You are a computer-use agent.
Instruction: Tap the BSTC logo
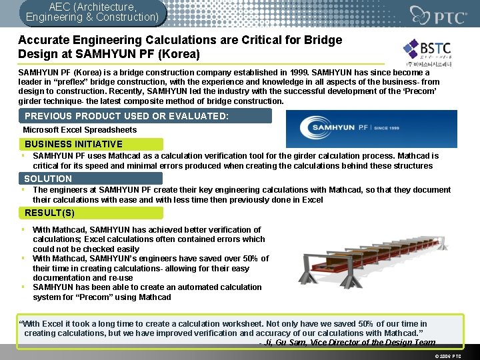point(427,53)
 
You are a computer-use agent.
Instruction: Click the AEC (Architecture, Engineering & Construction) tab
point(92,11)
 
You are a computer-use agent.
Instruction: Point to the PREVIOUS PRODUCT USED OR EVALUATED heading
point(127,116)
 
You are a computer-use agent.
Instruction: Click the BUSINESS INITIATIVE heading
point(74,144)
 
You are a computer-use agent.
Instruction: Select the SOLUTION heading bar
point(48,179)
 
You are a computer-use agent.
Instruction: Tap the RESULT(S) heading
point(50,213)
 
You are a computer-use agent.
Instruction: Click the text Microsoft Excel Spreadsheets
point(80,130)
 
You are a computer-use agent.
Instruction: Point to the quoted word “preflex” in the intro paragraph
point(83,82)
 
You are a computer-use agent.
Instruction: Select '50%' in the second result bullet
point(249,259)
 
